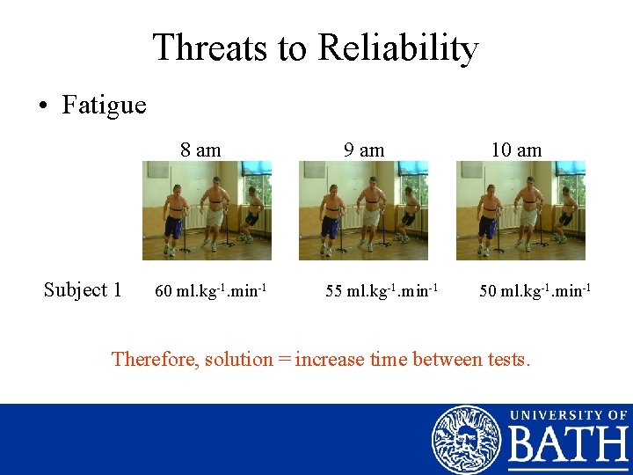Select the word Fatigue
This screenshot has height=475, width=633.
pyautogui.click(x=104, y=106)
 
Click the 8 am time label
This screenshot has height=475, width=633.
pyautogui.click(x=200, y=150)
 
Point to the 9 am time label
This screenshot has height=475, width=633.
pyautogui.click(x=364, y=150)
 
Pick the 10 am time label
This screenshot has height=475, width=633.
pyautogui.click(x=516, y=150)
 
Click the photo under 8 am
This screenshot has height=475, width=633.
pyautogui.click(x=207, y=210)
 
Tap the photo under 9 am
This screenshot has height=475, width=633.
pyautogui.click(x=363, y=210)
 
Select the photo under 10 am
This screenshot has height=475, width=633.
pyautogui.click(x=520, y=210)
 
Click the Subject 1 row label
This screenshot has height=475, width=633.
pyautogui.click(x=83, y=289)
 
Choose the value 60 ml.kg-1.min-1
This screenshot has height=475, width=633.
pyautogui.click(x=211, y=290)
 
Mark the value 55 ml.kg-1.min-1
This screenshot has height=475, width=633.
pyautogui.click(x=382, y=290)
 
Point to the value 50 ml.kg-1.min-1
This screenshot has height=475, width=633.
pyautogui.click(x=535, y=290)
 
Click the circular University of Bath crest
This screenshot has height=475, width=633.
pyautogui.click(x=465, y=439)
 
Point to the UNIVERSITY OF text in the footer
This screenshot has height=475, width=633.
pyautogui.click(x=568, y=415)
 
